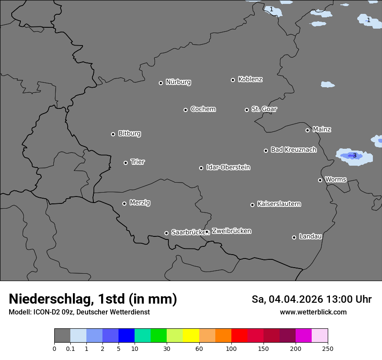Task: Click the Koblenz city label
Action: (250, 79)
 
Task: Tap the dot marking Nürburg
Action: (161, 83)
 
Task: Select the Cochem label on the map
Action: (203, 109)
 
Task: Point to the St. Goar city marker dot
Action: (247, 110)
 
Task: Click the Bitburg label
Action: (129, 134)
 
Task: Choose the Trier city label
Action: (138, 162)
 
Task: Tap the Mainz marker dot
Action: (307, 130)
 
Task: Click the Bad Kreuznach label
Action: (293, 150)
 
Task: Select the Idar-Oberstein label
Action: (228, 167)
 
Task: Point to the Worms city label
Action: (336, 179)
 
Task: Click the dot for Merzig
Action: (124, 203)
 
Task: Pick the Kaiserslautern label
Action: (279, 204)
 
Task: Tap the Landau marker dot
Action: (294, 237)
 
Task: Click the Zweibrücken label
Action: (231, 231)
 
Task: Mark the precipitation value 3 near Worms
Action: (354, 155)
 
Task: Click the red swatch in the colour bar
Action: (239, 336)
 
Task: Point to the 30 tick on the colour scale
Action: (167, 349)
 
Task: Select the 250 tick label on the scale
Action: (328, 349)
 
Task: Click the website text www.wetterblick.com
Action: (313, 312)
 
